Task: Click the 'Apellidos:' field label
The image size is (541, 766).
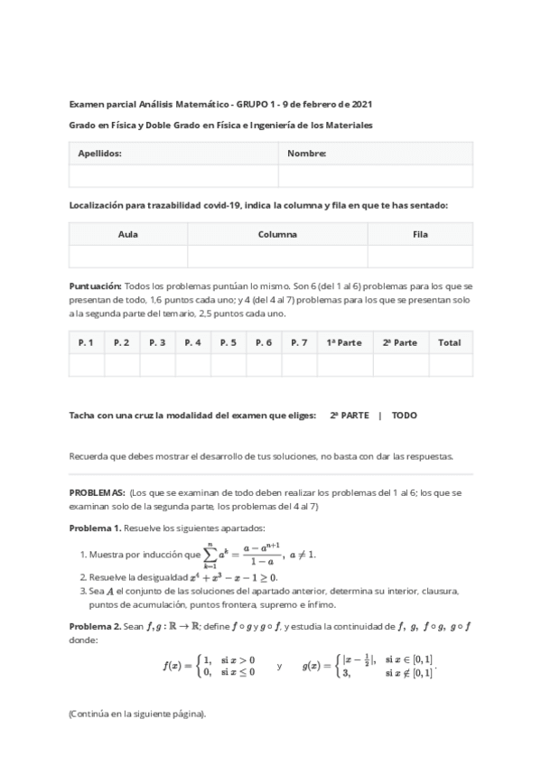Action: (99, 154)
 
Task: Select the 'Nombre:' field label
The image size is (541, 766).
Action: (306, 154)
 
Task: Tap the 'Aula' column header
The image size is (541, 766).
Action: (128, 234)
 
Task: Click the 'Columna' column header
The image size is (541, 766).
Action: (277, 234)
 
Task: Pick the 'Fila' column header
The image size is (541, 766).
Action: (420, 234)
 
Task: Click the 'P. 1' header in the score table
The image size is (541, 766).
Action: (87, 342)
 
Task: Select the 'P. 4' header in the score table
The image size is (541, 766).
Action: (192, 342)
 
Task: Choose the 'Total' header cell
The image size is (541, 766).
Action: (449, 342)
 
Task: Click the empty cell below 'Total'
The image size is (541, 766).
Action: (449, 365)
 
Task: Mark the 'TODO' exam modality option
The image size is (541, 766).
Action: (405, 416)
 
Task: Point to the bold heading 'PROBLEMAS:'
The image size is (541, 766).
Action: (98, 494)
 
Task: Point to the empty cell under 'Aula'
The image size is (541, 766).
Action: (128, 257)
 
